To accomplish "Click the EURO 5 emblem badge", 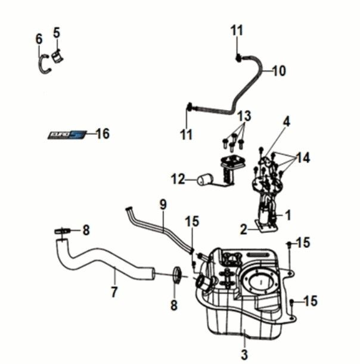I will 67,135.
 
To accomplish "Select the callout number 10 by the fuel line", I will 278,71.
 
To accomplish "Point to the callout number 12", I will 178,178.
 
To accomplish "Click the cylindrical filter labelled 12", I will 206,178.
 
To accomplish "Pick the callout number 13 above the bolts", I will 245,116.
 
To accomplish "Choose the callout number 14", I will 303,158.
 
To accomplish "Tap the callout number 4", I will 286,122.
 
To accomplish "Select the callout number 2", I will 244,229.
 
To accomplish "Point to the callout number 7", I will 114,292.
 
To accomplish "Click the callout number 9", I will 163,204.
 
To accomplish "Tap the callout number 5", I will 57,33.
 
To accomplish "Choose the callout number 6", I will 39,39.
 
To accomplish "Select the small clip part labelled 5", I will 58,56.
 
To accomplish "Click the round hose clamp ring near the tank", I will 176,274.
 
